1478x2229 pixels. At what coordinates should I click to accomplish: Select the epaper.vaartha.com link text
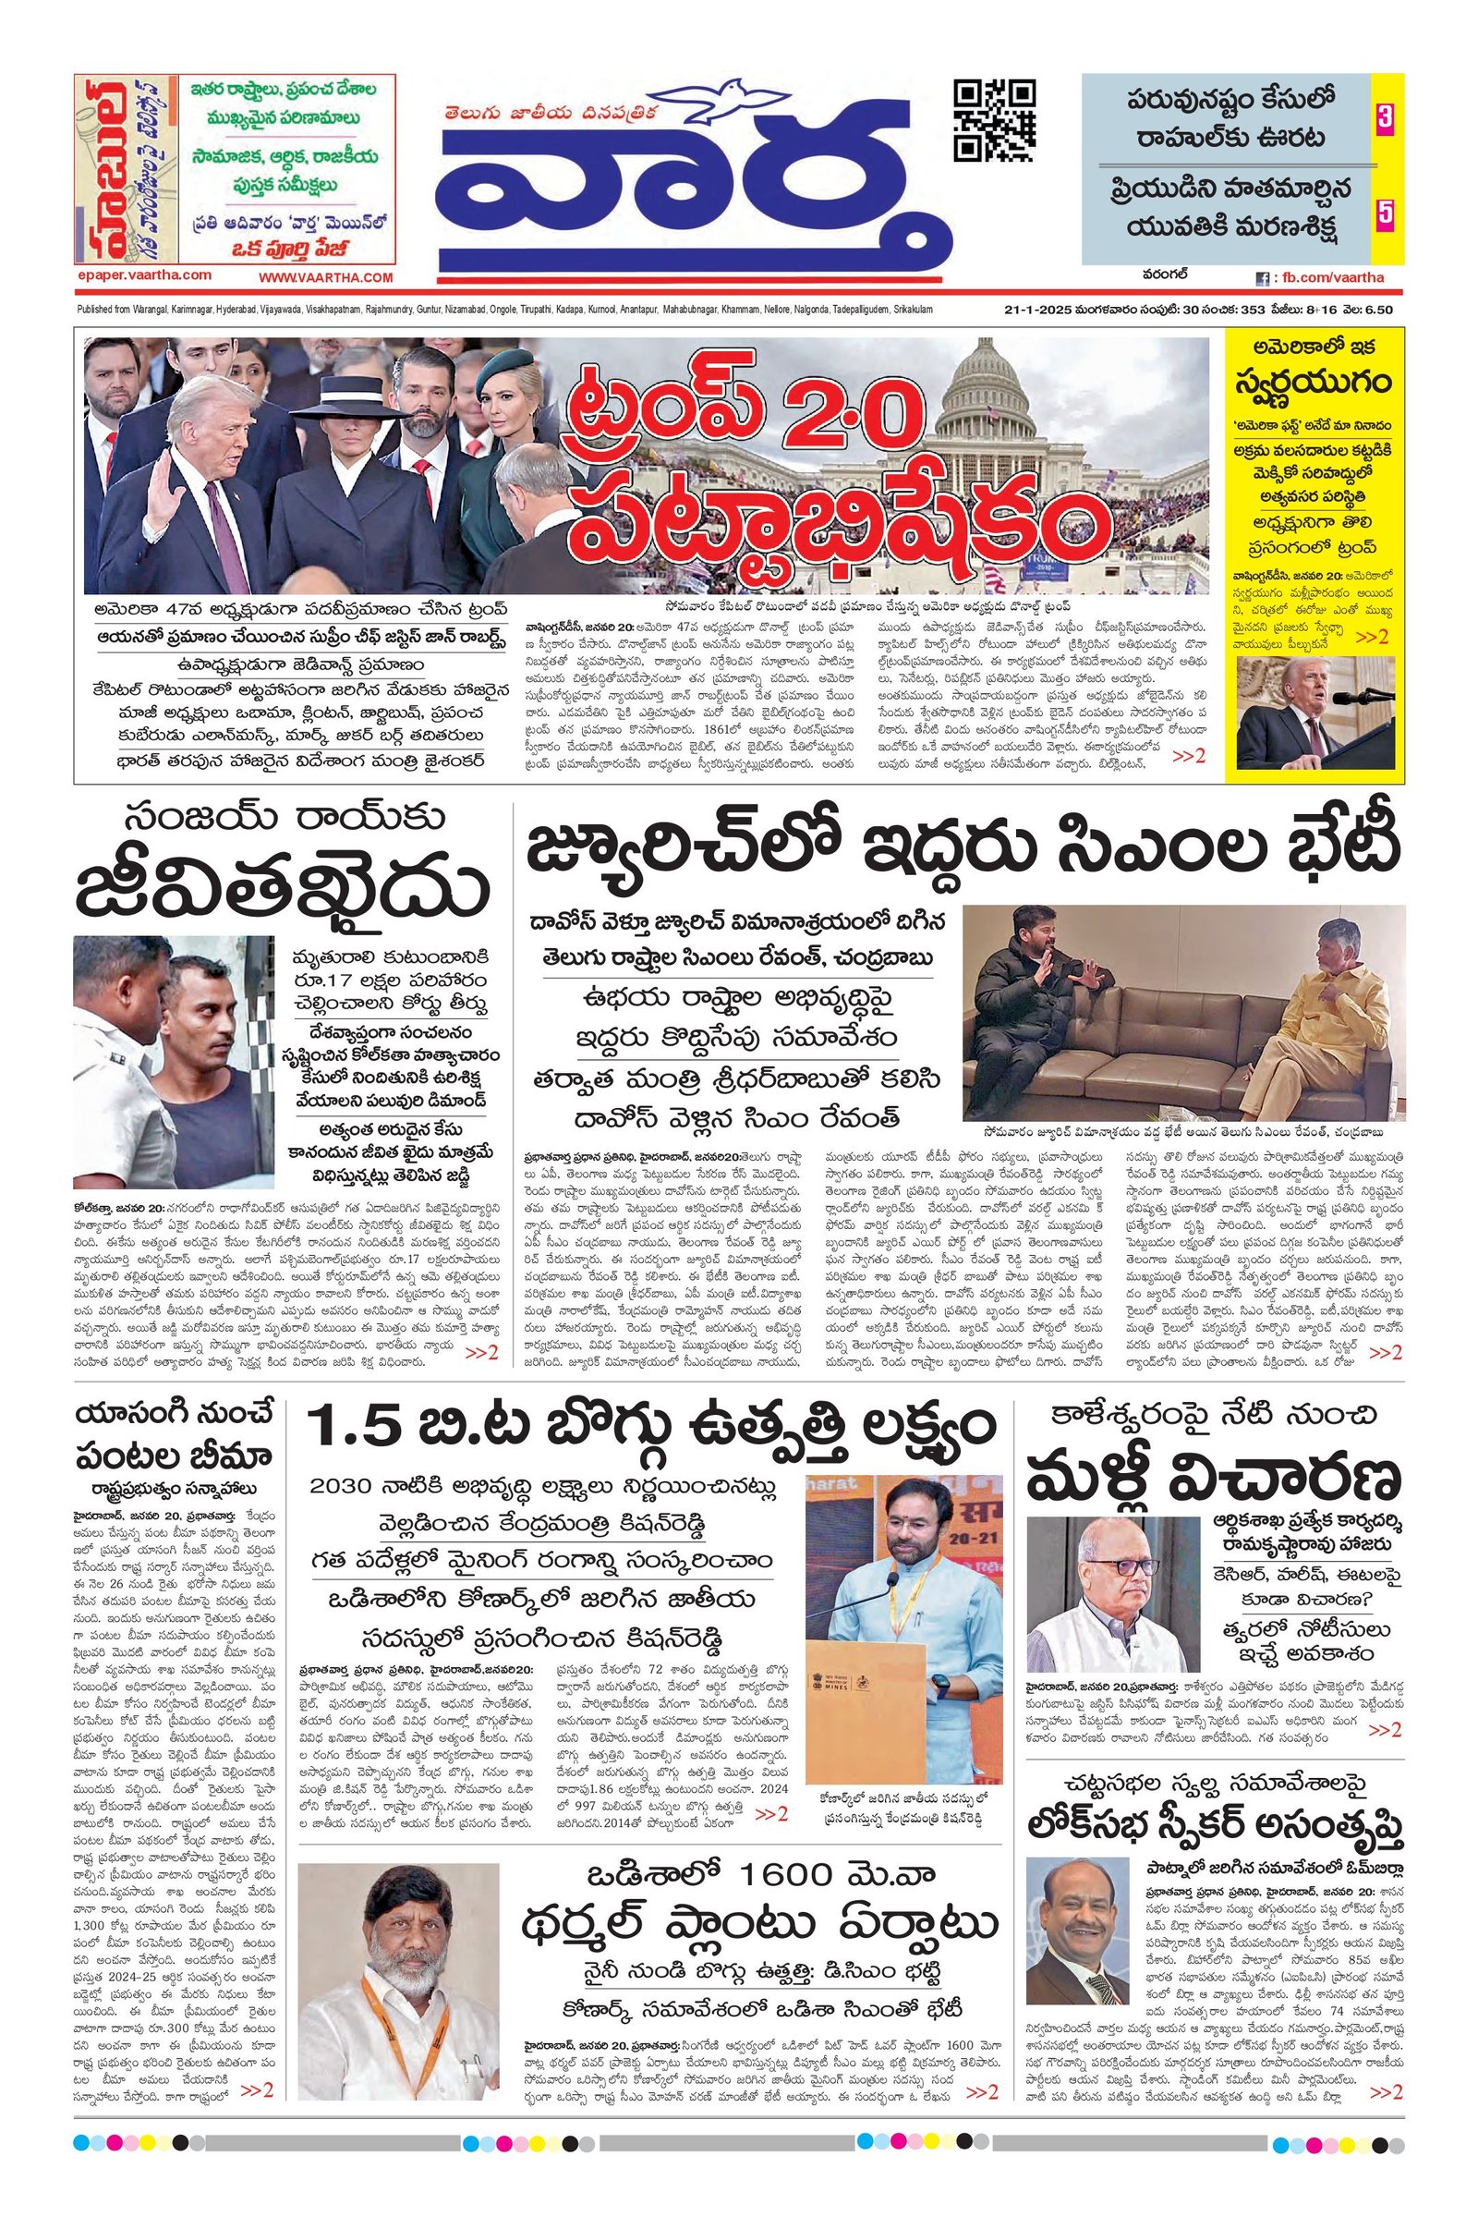click(142, 274)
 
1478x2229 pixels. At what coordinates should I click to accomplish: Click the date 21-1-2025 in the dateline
click(1038, 311)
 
